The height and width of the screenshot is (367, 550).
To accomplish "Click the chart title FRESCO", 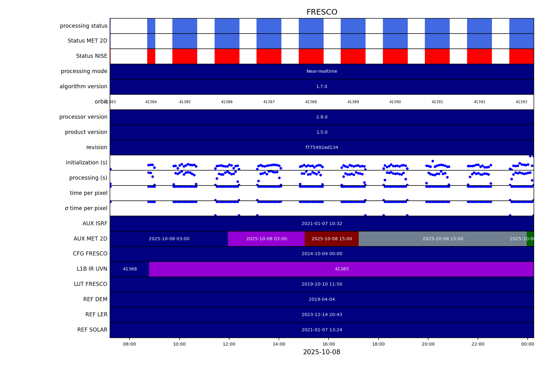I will point(322,12).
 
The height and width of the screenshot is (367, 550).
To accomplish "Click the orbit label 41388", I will point(311,102).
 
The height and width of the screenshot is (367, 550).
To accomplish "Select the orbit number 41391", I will point(437,102).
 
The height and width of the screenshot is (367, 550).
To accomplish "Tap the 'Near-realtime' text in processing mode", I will point(322,71).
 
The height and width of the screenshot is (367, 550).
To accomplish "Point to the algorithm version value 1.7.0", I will point(322,87).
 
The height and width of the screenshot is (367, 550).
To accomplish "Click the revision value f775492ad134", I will point(322,148).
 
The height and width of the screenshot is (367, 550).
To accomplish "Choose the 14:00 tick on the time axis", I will point(279,344).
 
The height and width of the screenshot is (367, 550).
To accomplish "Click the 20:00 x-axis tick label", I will point(428,344).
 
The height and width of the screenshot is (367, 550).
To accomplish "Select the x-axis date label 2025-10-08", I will point(322,352).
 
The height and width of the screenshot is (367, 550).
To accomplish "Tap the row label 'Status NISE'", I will point(92,56).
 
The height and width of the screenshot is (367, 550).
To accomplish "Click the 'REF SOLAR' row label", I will point(92,330).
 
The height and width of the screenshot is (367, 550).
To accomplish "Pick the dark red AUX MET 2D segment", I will point(332,239).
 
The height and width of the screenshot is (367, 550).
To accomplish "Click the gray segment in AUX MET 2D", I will point(443,239).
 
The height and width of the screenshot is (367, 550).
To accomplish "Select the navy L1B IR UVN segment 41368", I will point(130,269).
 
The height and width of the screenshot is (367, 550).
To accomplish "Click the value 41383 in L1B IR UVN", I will point(342,269).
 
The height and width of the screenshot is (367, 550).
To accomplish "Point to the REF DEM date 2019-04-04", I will point(322,300).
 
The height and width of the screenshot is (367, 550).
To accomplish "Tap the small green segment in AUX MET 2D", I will point(530,239).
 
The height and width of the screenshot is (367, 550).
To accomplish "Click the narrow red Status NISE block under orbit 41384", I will point(151,56).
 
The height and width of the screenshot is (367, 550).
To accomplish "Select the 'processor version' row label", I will point(83,117).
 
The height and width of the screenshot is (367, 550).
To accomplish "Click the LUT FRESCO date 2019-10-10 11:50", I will point(322,284).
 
